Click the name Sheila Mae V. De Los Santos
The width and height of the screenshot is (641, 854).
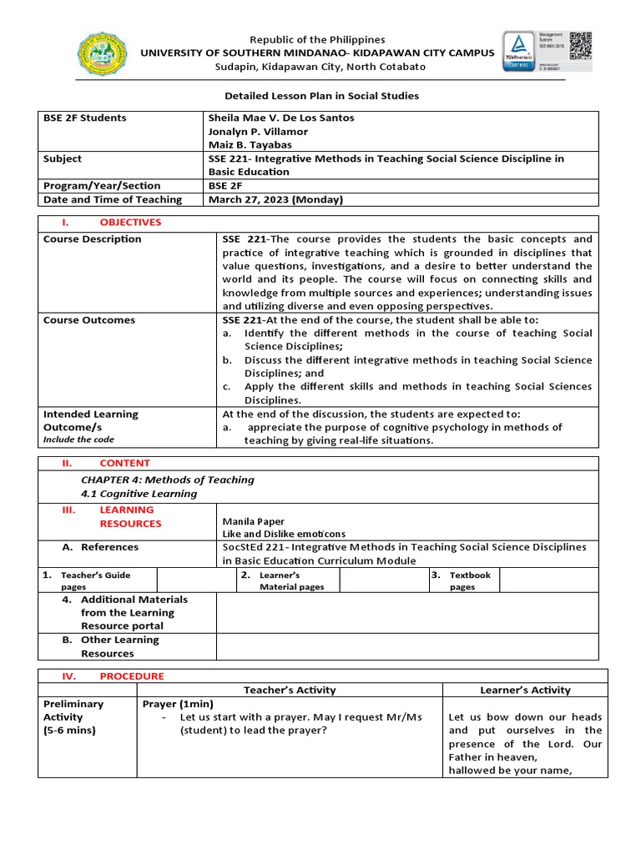(x=280, y=118)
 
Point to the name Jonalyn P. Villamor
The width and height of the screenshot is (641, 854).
(x=257, y=132)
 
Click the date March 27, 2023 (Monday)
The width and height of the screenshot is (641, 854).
(x=275, y=199)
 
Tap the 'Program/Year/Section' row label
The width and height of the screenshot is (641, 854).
(x=102, y=186)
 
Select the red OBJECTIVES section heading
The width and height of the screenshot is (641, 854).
(x=130, y=223)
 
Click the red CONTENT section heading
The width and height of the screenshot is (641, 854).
(x=124, y=463)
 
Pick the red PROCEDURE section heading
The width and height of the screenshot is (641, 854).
(x=132, y=676)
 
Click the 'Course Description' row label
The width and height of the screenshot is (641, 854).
(x=93, y=239)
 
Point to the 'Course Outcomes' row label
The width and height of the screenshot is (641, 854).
(x=89, y=320)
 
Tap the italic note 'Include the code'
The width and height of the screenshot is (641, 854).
(x=78, y=440)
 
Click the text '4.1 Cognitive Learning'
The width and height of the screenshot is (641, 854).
(x=139, y=494)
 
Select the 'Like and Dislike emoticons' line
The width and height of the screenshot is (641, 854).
(x=284, y=534)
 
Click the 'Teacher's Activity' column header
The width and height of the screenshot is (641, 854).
(x=290, y=690)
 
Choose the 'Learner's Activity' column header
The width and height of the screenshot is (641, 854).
(x=525, y=690)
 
